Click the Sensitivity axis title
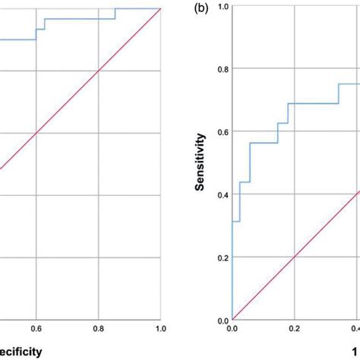pos(201,163)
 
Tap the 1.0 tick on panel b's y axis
pos(222,7)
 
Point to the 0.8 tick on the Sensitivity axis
pos(222,69)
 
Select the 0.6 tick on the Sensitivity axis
pos(222,132)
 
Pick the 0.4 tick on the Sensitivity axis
pos(222,195)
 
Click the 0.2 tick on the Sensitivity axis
pos(222,258)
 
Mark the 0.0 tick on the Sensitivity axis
pos(222,321)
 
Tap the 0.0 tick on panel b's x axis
pos(232,329)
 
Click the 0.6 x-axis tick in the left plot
pos(36,329)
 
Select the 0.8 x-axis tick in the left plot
pos(98,329)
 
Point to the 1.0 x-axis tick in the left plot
pos(160,329)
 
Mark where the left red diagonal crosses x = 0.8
pos(98,71)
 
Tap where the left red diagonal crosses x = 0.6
pos(36,133)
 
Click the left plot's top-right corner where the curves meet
pos(160,8)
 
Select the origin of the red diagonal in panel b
pos(232,320)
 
